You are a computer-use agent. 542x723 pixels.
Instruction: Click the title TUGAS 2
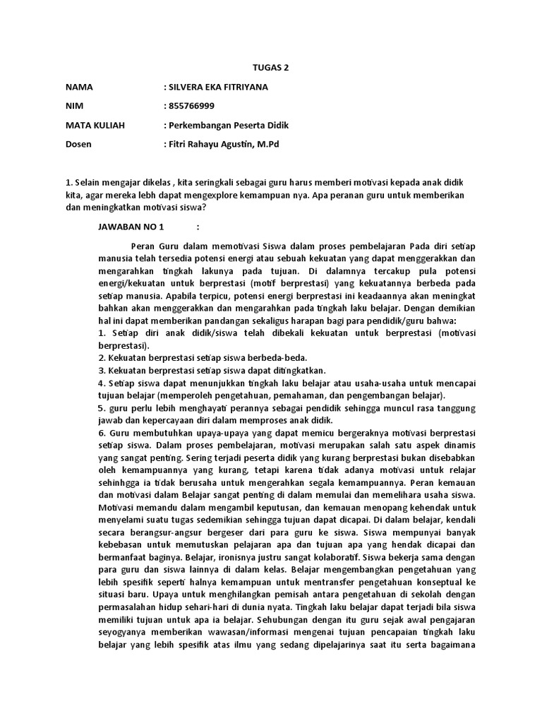click(x=271, y=68)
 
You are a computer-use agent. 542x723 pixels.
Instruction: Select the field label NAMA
click(x=78, y=88)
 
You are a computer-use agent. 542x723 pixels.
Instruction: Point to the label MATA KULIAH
click(x=95, y=126)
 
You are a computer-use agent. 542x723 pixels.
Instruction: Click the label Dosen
click(x=78, y=145)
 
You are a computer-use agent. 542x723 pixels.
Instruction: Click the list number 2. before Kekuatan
click(x=102, y=358)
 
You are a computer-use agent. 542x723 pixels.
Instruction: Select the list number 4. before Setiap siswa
click(x=102, y=383)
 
